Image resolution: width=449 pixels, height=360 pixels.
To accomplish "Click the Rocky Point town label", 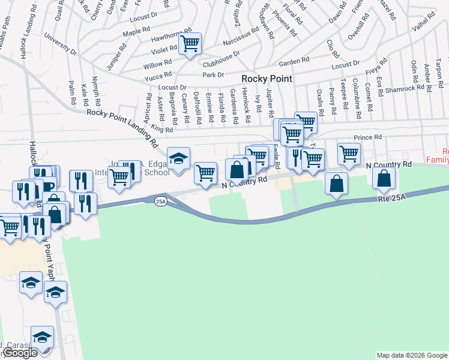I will [267, 79].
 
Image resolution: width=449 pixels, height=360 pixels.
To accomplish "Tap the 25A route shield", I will [160, 201].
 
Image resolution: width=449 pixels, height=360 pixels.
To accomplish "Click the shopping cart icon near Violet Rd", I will [190, 43].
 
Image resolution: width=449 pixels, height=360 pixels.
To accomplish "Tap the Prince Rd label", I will [367, 137].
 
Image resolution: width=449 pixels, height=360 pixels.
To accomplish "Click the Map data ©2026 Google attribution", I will [412, 355].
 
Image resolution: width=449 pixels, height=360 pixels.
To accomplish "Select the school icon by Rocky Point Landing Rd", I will [178, 158].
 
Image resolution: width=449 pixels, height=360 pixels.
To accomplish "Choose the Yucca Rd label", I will [158, 78].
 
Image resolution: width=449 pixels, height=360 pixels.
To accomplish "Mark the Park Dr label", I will [212, 74].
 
